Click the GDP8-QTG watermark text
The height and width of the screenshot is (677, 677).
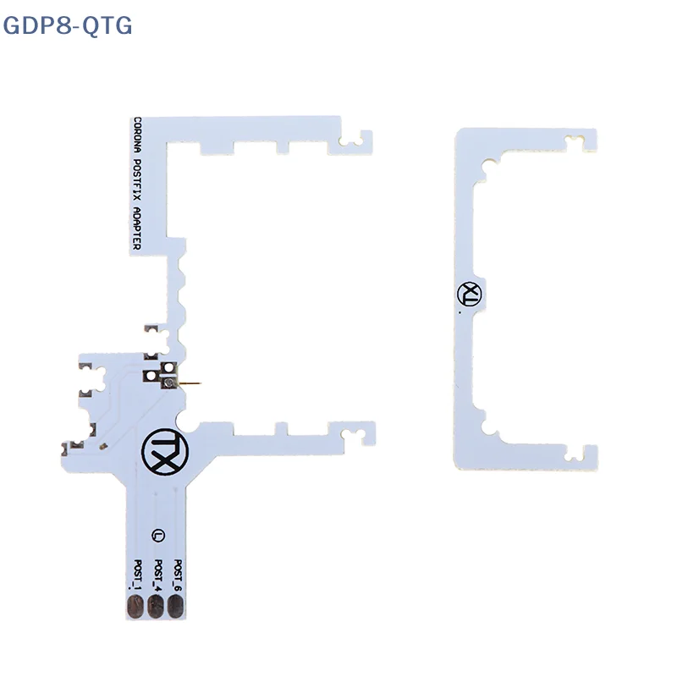[68, 25]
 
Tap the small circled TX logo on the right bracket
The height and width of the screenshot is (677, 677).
[468, 293]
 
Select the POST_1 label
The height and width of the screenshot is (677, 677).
[136, 575]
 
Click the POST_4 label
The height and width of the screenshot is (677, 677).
[157, 575]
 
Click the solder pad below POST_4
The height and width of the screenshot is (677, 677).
[157, 606]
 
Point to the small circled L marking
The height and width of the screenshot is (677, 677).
[157, 535]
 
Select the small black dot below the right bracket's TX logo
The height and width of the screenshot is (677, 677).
[458, 312]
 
